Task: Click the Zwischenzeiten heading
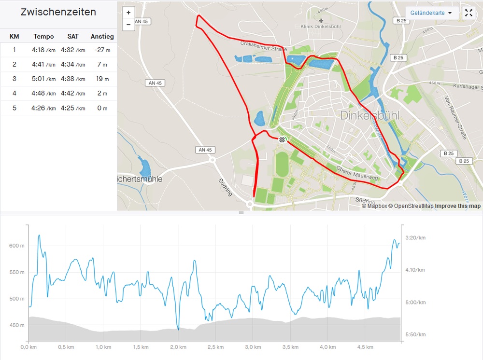[58, 13]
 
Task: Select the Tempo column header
[43, 36]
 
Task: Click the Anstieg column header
[102, 36]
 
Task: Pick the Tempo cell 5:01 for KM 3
[43, 79]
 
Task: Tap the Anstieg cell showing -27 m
[102, 50]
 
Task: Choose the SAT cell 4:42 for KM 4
[73, 94]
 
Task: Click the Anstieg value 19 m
[102, 79]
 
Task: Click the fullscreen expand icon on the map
[469, 13]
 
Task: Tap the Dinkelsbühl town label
[370, 115]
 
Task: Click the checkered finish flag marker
[282, 139]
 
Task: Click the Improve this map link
[457, 206]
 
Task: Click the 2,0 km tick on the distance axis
[178, 347]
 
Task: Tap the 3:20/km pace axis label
[415, 238]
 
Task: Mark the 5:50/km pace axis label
[415, 334]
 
